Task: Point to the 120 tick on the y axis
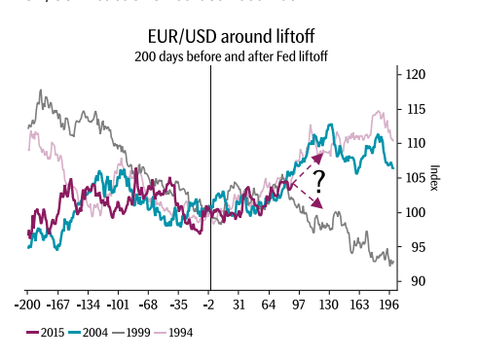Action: coord(416,75)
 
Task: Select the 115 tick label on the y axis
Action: coord(416,109)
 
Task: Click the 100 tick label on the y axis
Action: coord(416,212)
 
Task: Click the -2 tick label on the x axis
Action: coord(209,304)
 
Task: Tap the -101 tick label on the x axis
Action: coord(119,304)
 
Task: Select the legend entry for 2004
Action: coord(90,332)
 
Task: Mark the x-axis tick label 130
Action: coord(330,304)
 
